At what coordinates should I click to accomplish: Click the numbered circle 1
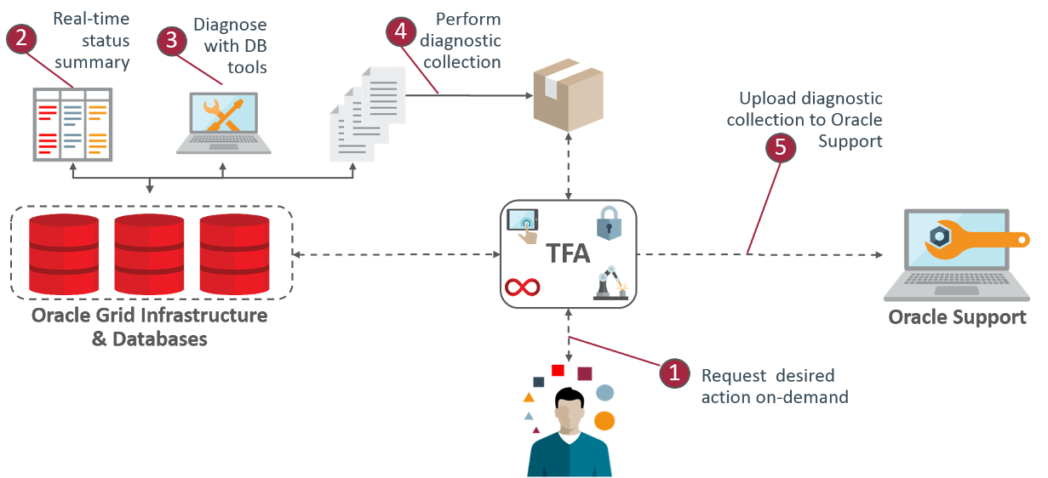pyautogui.click(x=675, y=373)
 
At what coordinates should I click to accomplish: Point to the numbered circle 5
pyautogui.click(x=780, y=147)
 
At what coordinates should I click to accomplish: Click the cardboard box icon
pyautogui.click(x=567, y=94)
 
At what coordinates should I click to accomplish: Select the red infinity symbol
pyautogui.click(x=523, y=286)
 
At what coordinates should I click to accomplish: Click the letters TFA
pyautogui.click(x=566, y=254)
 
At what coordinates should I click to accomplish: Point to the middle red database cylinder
pyautogui.click(x=149, y=254)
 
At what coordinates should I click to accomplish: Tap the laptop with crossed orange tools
pyautogui.click(x=225, y=123)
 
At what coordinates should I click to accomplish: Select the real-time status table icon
pyautogui.click(x=72, y=124)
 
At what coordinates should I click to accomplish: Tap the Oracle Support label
pyautogui.click(x=957, y=318)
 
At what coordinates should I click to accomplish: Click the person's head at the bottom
pyautogui.click(x=569, y=416)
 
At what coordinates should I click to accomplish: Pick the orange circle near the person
pyautogui.click(x=604, y=420)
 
